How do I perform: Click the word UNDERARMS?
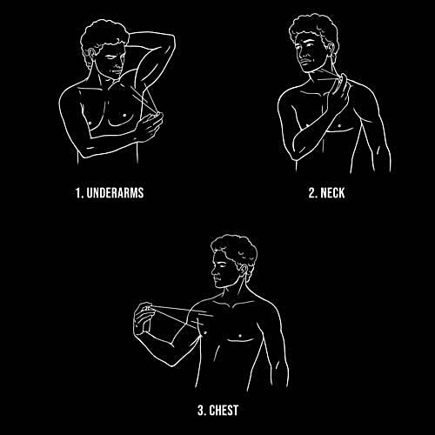click(x=115, y=193)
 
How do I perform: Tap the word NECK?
click(x=332, y=193)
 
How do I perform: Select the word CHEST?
click(x=224, y=411)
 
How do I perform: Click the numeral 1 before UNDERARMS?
click(x=78, y=193)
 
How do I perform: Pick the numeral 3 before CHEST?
click(x=201, y=411)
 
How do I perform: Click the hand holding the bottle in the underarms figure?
click(x=150, y=127)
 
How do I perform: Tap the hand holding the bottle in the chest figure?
click(x=144, y=318)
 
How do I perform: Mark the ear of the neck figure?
click(x=331, y=50)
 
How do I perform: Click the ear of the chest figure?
click(x=243, y=269)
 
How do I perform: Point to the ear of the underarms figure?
click(x=91, y=54)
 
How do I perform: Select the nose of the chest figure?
click(x=214, y=272)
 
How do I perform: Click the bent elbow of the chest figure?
click(x=171, y=363)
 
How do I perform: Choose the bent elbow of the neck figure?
click(x=298, y=154)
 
